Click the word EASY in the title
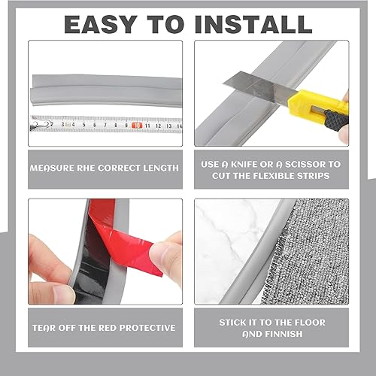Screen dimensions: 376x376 pos(101,24)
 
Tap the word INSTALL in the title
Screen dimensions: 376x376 pos(253,24)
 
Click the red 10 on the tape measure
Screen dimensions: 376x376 pos(137,126)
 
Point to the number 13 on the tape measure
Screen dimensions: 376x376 pos(168,126)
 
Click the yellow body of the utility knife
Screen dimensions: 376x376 pos(317,105)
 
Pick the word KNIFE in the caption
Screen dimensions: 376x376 pos(244,165)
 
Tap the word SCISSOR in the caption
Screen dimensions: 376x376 pos(305,165)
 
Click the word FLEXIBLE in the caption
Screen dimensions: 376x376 pos(274,176)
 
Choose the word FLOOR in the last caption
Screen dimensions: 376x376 pos(310,323)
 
